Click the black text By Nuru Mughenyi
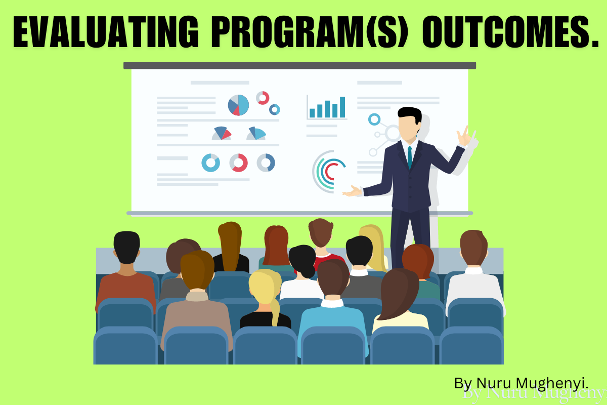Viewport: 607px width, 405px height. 521,383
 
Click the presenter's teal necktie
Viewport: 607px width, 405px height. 409,157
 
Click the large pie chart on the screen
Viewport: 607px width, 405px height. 238,105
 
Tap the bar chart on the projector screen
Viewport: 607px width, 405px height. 327,107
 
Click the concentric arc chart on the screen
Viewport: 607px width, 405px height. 328,172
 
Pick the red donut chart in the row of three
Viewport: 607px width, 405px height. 239,163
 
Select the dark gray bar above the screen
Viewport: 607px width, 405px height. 299,65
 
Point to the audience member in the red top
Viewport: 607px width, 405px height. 321,253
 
